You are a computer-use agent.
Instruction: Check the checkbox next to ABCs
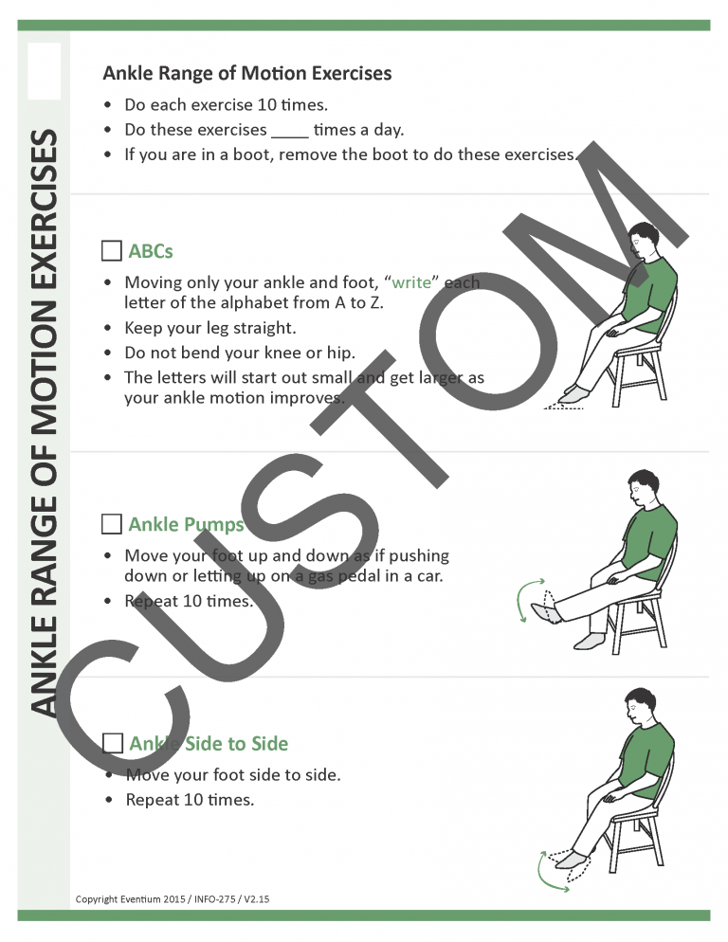click(111, 251)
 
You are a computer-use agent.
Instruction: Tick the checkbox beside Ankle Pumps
click(111, 524)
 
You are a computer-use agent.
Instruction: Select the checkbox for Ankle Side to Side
click(111, 743)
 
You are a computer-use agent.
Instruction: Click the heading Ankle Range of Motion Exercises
click(246, 73)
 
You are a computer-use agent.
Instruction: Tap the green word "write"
click(410, 282)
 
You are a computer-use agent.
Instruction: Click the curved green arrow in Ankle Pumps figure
click(520, 603)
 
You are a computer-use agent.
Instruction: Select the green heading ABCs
click(151, 251)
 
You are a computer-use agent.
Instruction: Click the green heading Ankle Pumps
click(186, 524)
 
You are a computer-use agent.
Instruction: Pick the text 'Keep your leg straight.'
click(210, 328)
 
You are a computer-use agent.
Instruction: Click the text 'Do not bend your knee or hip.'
click(240, 353)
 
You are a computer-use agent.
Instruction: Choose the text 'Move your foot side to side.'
click(232, 775)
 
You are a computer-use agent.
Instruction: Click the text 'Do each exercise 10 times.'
click(227, 105)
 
